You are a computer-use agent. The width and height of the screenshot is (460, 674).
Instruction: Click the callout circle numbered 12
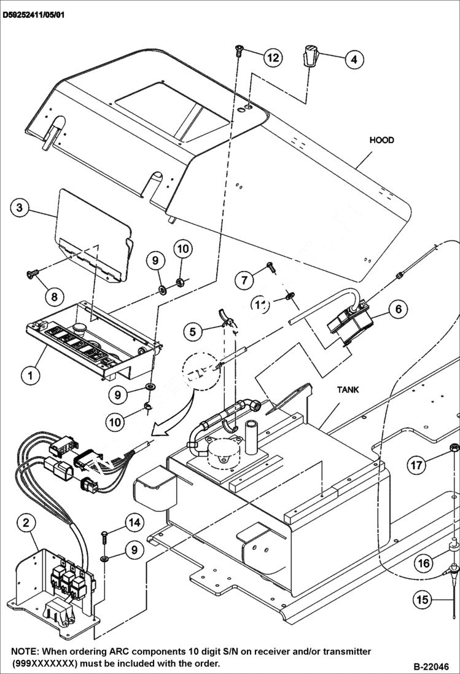[273, 58]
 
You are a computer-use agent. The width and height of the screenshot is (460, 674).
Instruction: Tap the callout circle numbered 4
[353, 60]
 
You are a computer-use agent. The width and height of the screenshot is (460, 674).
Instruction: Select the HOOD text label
[381, 140]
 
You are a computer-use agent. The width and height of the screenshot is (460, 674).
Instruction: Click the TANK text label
[348, 390]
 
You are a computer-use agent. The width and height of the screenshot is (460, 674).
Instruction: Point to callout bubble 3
[20, 208]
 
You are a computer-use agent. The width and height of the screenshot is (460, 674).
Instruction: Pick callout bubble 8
[54, 297]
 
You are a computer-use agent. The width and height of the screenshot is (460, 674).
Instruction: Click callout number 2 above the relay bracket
[26, 523]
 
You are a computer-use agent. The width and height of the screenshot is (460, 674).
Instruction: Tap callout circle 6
[398, 308]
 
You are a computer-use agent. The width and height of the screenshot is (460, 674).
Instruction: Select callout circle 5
[193, 332]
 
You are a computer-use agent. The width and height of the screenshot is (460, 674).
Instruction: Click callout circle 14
[134, 522]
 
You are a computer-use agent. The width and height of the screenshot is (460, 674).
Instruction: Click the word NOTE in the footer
[25, 651]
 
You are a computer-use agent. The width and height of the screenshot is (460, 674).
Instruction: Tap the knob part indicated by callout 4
[311, 57]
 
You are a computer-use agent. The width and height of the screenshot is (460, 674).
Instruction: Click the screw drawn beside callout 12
[238, 52]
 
